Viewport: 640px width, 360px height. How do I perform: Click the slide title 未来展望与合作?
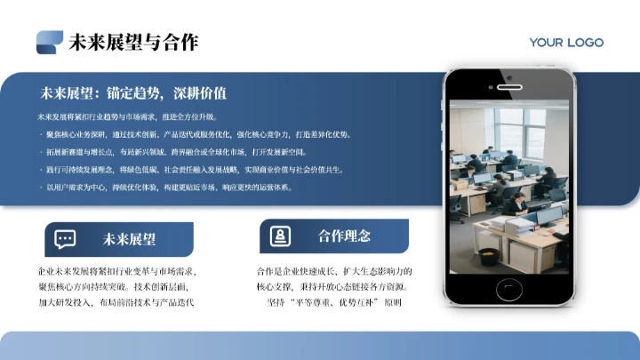tap(133, 42)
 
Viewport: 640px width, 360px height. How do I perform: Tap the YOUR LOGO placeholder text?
tap(566, 43)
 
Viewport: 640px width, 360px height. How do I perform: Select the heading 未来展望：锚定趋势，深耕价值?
tap(133, 92)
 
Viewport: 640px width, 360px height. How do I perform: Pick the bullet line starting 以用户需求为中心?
tap(169, 188)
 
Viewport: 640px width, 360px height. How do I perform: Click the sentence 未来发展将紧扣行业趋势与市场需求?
tap(133, 116)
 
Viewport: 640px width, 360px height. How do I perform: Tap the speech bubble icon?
tap(65, 238)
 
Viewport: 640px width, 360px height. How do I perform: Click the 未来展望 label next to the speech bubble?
tap(129, 238)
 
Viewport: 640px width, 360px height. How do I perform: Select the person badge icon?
tap(280, 236)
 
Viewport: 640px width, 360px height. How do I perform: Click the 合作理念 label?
tap(344, 236)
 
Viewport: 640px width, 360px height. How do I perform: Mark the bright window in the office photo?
tap(516, 124)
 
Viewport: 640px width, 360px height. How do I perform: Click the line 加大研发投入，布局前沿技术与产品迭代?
tap(116, 302)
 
